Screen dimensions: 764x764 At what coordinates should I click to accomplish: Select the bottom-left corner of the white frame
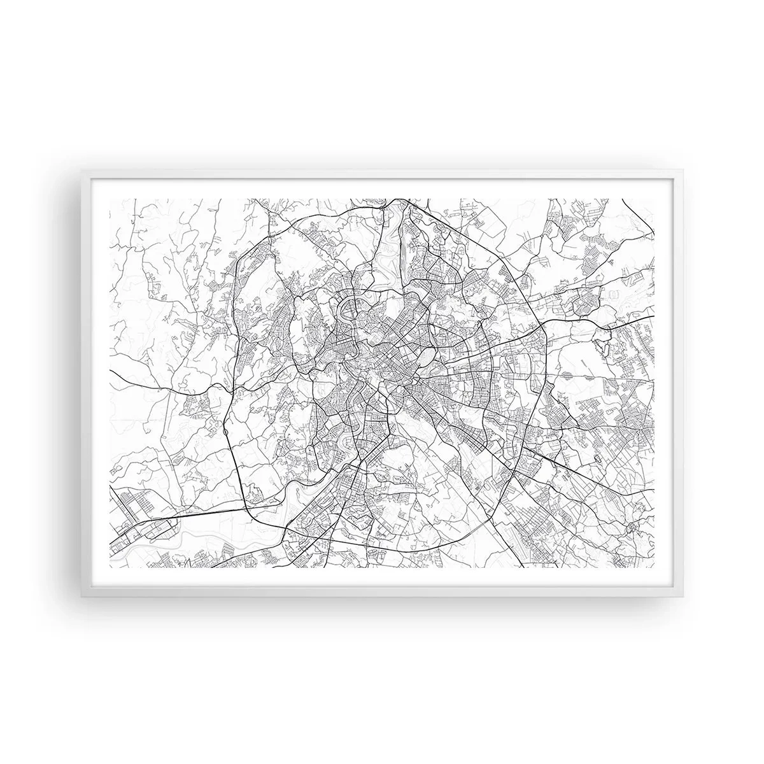82,595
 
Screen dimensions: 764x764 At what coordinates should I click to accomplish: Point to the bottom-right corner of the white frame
682,595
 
